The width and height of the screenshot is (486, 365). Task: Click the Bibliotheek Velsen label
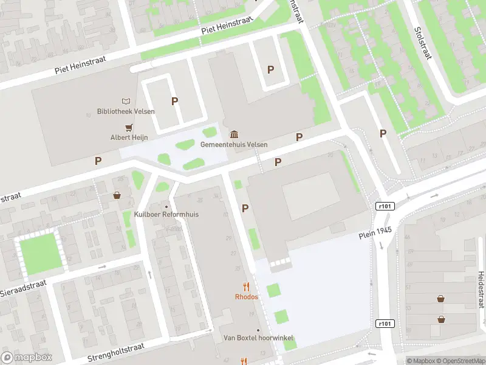coord(126,111)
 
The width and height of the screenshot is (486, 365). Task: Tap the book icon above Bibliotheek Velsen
coord(126,101)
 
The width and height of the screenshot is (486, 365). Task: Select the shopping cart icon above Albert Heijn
coord(129,127)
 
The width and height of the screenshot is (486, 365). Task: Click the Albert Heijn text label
coord(129,137)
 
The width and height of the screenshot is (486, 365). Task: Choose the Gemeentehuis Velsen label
coord(234,145)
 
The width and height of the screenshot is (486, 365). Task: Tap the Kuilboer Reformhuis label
coord(166,214)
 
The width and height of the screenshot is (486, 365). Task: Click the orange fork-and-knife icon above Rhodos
coord(246,287)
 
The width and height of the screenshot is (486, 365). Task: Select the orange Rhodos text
coord(246,297)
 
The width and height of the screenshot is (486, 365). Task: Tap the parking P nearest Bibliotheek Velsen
coord(174,102)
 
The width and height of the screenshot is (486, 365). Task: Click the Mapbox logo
coord(27,358)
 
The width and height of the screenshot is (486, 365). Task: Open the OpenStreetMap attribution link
coord(460,361)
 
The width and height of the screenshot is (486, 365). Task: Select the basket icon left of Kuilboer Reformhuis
coord(117,196)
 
